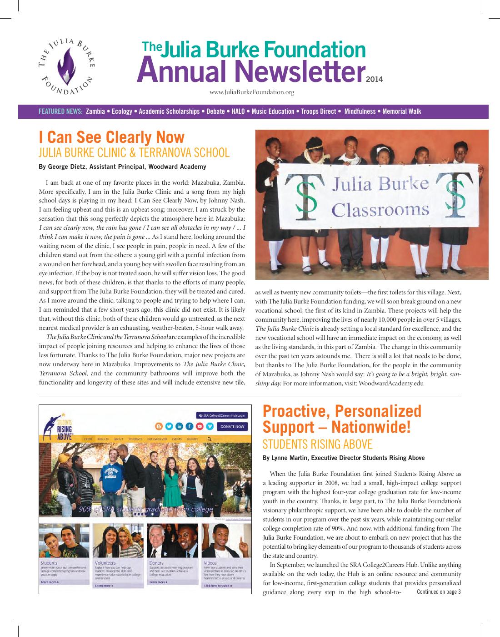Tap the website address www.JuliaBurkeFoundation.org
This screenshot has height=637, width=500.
coord(252,92)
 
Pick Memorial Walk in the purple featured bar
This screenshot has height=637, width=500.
coord(402,111)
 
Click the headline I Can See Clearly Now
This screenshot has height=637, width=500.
coord(112,137)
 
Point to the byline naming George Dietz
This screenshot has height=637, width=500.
coord(122,167)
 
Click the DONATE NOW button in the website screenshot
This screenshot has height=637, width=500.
coord(233,426)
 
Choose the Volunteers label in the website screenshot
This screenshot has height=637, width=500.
coord(103,563)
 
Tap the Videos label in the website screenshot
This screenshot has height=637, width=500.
coord(210,563)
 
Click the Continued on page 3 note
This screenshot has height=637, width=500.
coord(439,591)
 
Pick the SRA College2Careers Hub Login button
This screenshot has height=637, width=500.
coord(222,415)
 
